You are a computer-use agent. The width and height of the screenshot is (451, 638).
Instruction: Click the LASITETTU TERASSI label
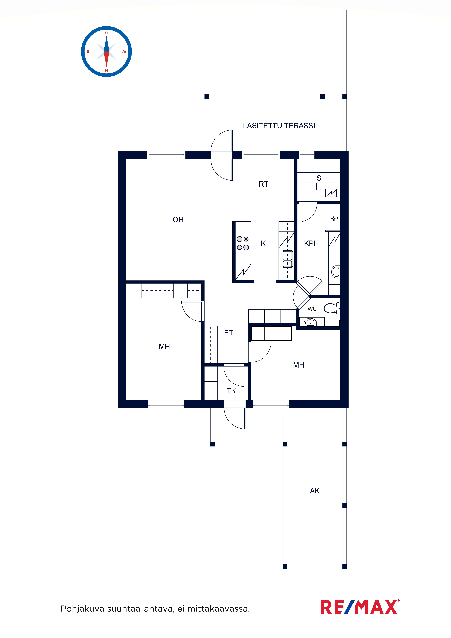click(279, 126)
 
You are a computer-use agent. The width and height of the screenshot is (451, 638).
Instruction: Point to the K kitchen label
click(263, 243)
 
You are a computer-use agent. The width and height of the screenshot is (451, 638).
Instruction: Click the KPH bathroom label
click(311, 243)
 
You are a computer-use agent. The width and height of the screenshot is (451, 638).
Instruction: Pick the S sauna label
click(319, 178)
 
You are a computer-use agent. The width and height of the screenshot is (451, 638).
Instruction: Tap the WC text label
click(312, 309)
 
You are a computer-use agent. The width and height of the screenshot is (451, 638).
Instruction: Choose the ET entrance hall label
click(228, 333)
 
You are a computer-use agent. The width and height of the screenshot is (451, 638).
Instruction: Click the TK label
click(231, 391)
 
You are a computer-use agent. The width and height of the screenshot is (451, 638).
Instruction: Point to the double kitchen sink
click(287, 259)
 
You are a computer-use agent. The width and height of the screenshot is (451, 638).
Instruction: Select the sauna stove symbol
click(331, 193)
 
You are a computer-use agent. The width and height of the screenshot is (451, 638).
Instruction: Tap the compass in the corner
click(106, 52)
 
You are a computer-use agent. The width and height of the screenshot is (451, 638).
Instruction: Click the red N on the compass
click(106, 71)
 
